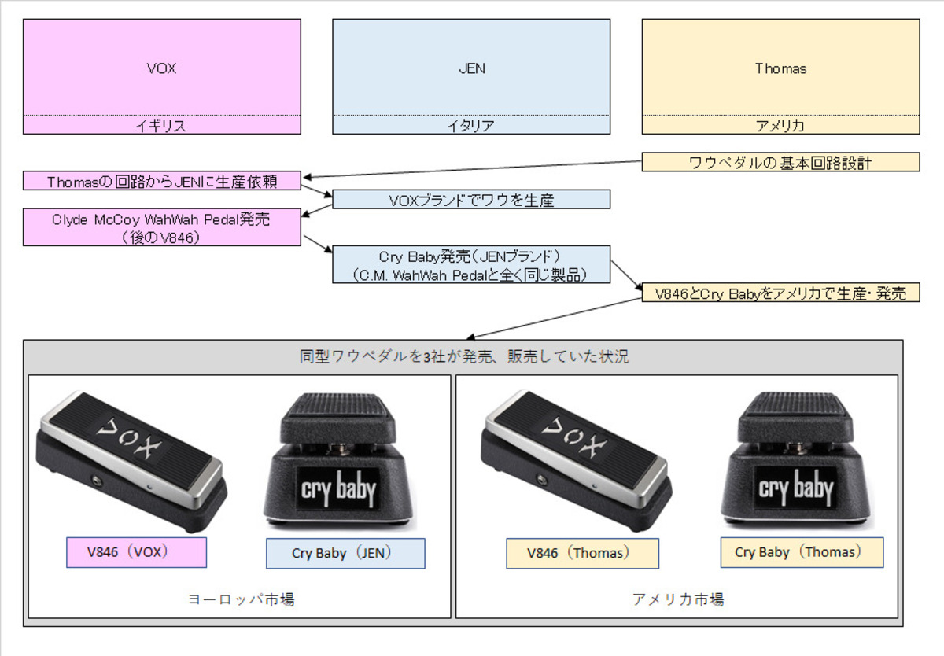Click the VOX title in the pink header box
coord(161,68)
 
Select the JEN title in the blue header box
coord(471,68)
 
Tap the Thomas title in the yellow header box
coord(780,68)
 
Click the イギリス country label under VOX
coord(161,125)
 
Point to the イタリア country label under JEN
coord(471,125)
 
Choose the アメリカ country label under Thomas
coord(780,125)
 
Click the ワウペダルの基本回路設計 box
coord(780,163)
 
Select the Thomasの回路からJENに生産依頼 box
coord(161,181)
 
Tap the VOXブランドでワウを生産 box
coord(471,200)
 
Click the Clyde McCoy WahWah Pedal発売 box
coord(161,227)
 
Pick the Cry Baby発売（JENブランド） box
coord(471,265)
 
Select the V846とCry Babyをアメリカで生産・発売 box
coord(780,293)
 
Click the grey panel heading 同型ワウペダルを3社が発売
coord(463,356)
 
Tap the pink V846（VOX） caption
coord(136,552)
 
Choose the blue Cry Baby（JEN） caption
coord(345,553)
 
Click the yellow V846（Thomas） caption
coord(582,553)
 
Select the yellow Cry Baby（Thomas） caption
coord(802,552)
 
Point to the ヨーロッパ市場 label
coord(241,599)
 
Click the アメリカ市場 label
coord(677,599)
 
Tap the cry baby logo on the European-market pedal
coord(339,488)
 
